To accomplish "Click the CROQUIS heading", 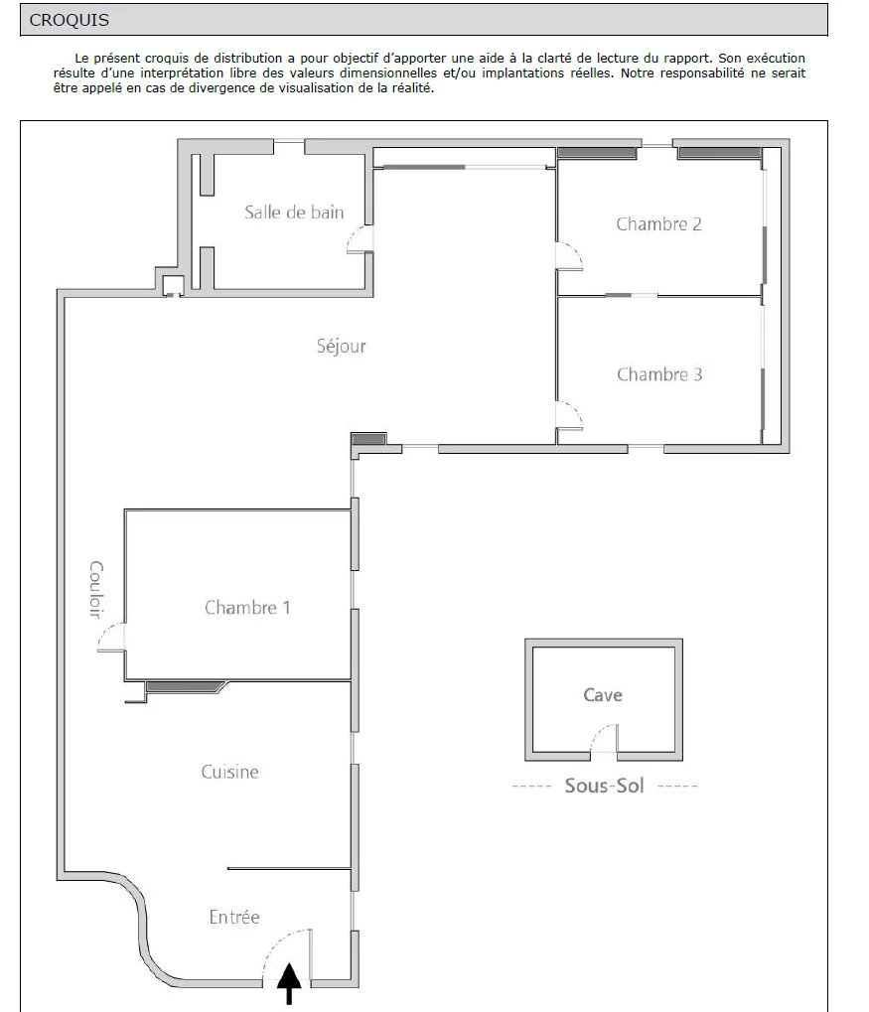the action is click(x=70, y=20).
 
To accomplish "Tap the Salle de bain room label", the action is click(x=294, y=213).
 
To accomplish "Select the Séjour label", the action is click(x=341, y=347).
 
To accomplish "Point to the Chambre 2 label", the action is click(x=658, y=224).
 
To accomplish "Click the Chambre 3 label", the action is click(x=659, y=374).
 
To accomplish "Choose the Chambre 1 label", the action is click(x=247, y=608).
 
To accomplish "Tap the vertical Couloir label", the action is click(x=96, y=589).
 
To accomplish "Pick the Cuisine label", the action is click(x=229, y=772).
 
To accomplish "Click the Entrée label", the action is click(x=234, y=917).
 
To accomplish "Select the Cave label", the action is click(x=603, y=695).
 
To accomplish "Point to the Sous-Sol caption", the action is click(x=604, y=786).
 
